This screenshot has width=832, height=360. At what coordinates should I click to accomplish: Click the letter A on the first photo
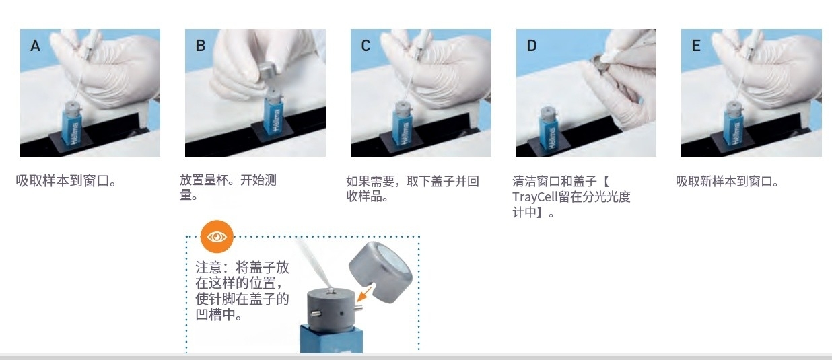pos(35,46)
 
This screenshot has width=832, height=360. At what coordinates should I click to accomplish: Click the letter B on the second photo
pos(201,46)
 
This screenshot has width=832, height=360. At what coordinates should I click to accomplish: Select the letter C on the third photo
pos(366,46)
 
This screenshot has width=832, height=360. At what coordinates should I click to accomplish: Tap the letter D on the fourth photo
pos(532,46)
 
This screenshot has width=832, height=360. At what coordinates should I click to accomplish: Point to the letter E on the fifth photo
pos(696,46)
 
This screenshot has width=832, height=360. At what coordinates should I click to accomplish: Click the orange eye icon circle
pos(217,236)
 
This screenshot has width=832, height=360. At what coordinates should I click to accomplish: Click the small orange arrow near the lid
pos(364,294)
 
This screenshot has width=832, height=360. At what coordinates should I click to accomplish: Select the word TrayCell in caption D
pos(535,197)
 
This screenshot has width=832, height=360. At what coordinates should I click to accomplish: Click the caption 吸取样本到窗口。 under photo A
pos(67,181)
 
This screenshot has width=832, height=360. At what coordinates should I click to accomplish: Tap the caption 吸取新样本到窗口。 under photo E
pos(727,181)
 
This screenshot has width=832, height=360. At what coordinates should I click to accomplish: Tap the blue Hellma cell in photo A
pos(72,127)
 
